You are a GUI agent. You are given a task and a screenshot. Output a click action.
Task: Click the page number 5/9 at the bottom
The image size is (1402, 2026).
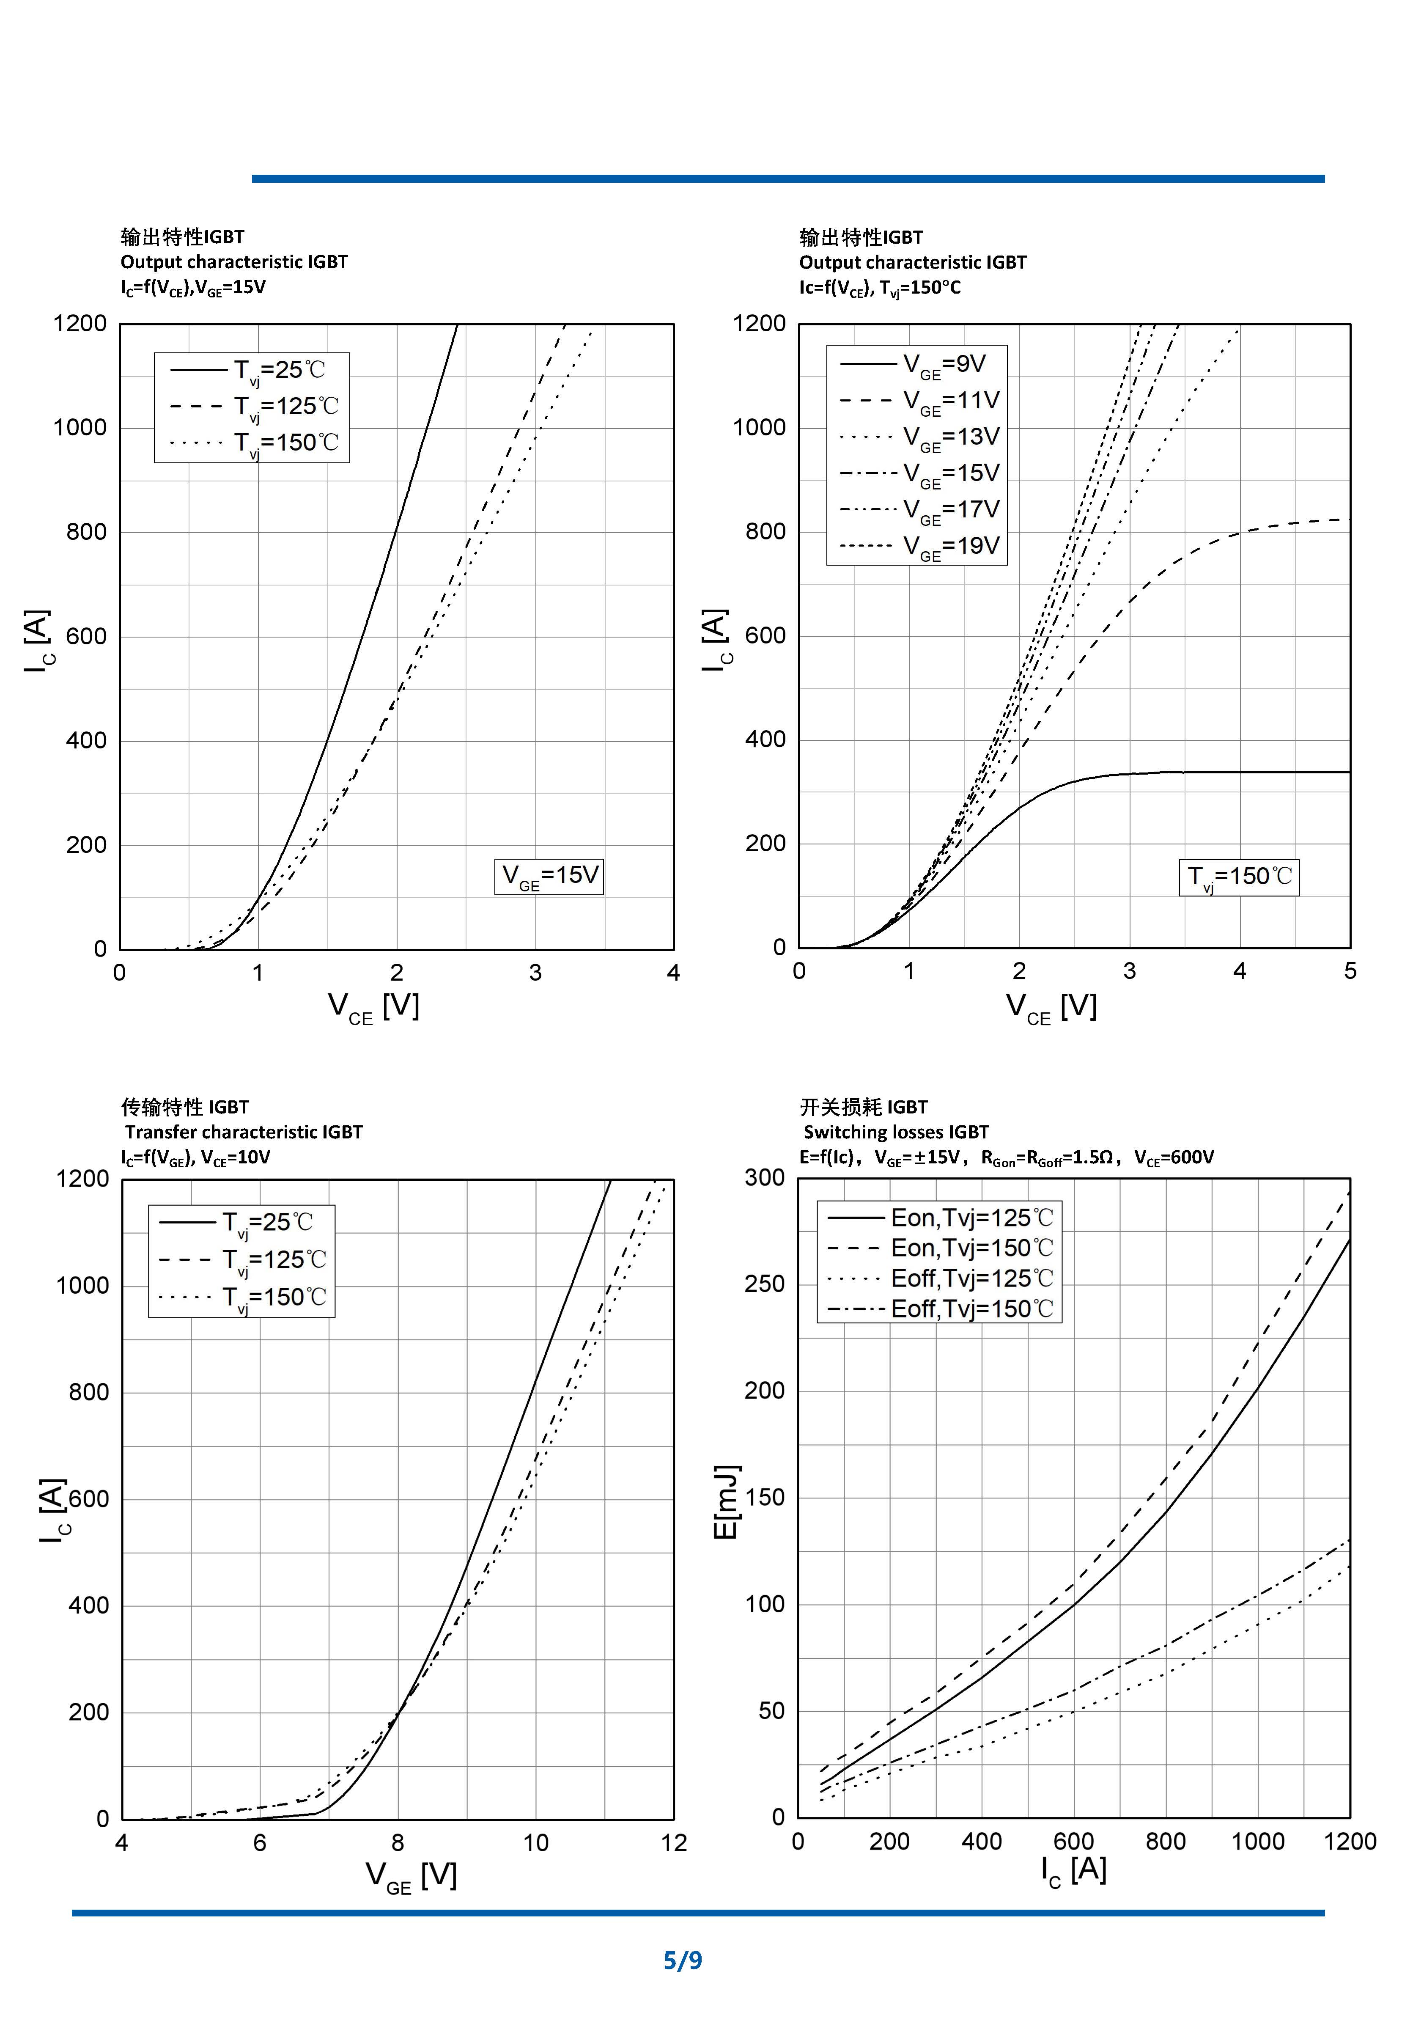pos(683,1960)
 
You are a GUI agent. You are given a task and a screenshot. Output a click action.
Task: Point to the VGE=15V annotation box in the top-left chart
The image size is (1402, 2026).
pos(549,876)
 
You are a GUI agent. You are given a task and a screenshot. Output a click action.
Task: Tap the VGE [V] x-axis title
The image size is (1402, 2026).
pos(411,1877)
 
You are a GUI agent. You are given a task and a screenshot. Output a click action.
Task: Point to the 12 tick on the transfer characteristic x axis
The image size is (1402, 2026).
pos(674,1843)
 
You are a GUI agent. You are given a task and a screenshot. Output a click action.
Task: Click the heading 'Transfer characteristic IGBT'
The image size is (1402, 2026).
pos(243,1132)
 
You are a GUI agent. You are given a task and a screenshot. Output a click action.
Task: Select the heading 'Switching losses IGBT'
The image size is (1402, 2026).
pos(895,1132)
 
